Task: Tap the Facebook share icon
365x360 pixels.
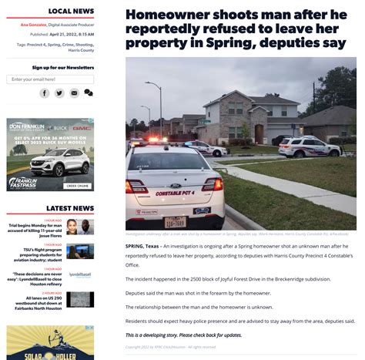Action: pyautogui.click(x=45, y=93)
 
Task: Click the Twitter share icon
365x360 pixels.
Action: pyautogui.click(x=59, y=93)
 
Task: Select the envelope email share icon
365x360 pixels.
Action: pyautogui.click(x=74, y=93)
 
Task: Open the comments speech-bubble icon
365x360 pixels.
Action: pyautogui.click(x=89, y=93)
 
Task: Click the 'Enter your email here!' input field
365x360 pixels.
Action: pyautogui.click(x=51, y=79)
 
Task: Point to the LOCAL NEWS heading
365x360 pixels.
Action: pyautogui.click(x=71, y=11)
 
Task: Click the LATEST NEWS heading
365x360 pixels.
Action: pyautogui.click(x=70, y=208)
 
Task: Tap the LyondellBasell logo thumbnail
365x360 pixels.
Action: pyautogui.click(x=80, y=274)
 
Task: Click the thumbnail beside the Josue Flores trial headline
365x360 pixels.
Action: pyautogui.click(x=80, y=227)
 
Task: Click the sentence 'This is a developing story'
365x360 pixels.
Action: pyautogui.click(x=183, y=335)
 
